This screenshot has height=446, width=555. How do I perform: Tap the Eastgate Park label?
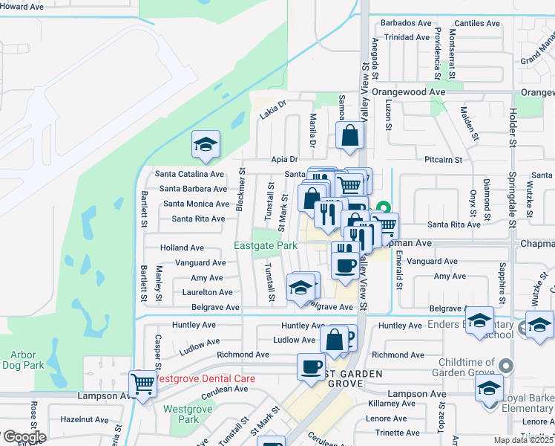tap(265, 246)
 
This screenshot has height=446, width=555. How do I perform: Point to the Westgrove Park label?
tap(182, 414)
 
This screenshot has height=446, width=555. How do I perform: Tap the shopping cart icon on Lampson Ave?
tap(142, 384)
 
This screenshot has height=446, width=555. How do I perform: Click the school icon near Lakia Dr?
tap(206, 144)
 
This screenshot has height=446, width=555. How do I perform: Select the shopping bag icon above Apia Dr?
tap(349, 135)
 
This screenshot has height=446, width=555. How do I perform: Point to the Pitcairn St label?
tap(444, 159)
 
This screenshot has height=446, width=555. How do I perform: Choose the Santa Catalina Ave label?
tap(189, 174)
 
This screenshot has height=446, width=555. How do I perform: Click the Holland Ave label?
tap(182, 248)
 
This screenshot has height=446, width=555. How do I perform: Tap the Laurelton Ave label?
tap(208, 292)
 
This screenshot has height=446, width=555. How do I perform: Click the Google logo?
tap(24, 437)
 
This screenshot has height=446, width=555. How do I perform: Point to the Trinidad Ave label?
tap(404, 36)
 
